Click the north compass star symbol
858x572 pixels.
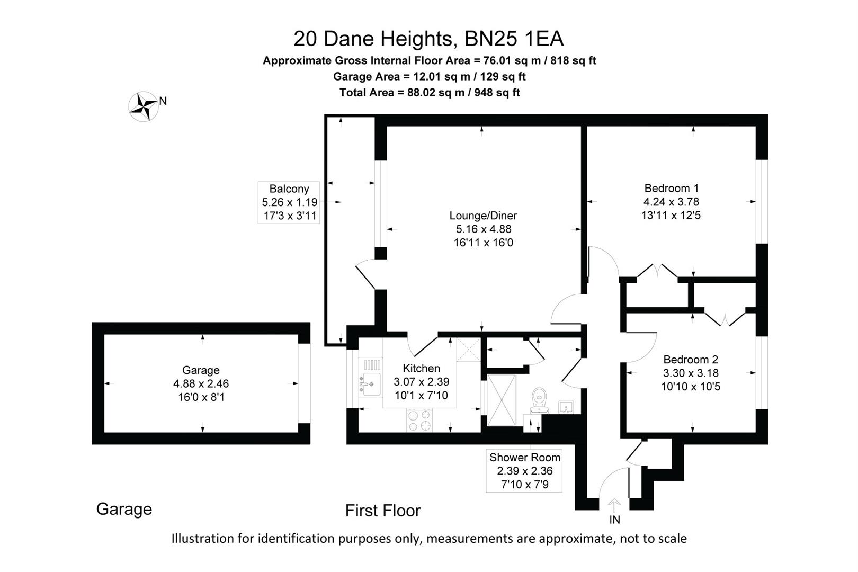coord(143,106)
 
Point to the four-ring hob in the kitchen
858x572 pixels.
coord(419,421)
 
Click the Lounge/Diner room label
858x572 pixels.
coord(483,216)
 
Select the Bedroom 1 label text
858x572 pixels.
coord(671,188)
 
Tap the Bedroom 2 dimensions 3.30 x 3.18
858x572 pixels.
coord(691,373)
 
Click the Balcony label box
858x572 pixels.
coord(289,202)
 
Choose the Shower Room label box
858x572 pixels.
coord(524,471)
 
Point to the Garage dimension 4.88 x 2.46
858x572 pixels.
coord(201,383)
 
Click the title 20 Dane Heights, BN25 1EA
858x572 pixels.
coord(428,39)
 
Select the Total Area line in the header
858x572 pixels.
coord(430,93)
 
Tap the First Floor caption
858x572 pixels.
coord(383,511)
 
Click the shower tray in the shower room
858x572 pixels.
coord(501,400)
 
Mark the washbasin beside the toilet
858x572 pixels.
coord(566,407)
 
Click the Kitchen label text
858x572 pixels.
coord(421,368)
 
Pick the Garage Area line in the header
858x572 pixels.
coord(430,76)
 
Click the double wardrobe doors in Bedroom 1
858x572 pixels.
coord(657,271)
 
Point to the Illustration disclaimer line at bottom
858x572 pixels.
coord(429,539)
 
